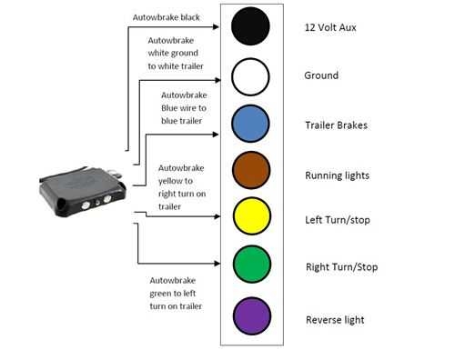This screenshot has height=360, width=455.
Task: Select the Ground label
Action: pyautogui.click(x=321, y=76)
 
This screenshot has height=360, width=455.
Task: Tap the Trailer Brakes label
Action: pyautogui.click(x=337, y=125)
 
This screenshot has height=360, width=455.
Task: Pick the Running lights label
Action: pyautogui.click(x=338, y=173)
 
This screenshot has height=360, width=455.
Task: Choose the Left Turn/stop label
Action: pyautogui.click(x=338, y=220)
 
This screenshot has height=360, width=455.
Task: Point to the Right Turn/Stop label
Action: pyautogui.click(x=342, y=267)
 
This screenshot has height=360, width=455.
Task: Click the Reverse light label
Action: pyautogui.click(x=335, y=320)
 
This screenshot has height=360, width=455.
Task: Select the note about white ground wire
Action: pyautogui.click(x=176, y=54)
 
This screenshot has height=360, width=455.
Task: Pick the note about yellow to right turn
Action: pyautogui.click(x=181, y=187)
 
